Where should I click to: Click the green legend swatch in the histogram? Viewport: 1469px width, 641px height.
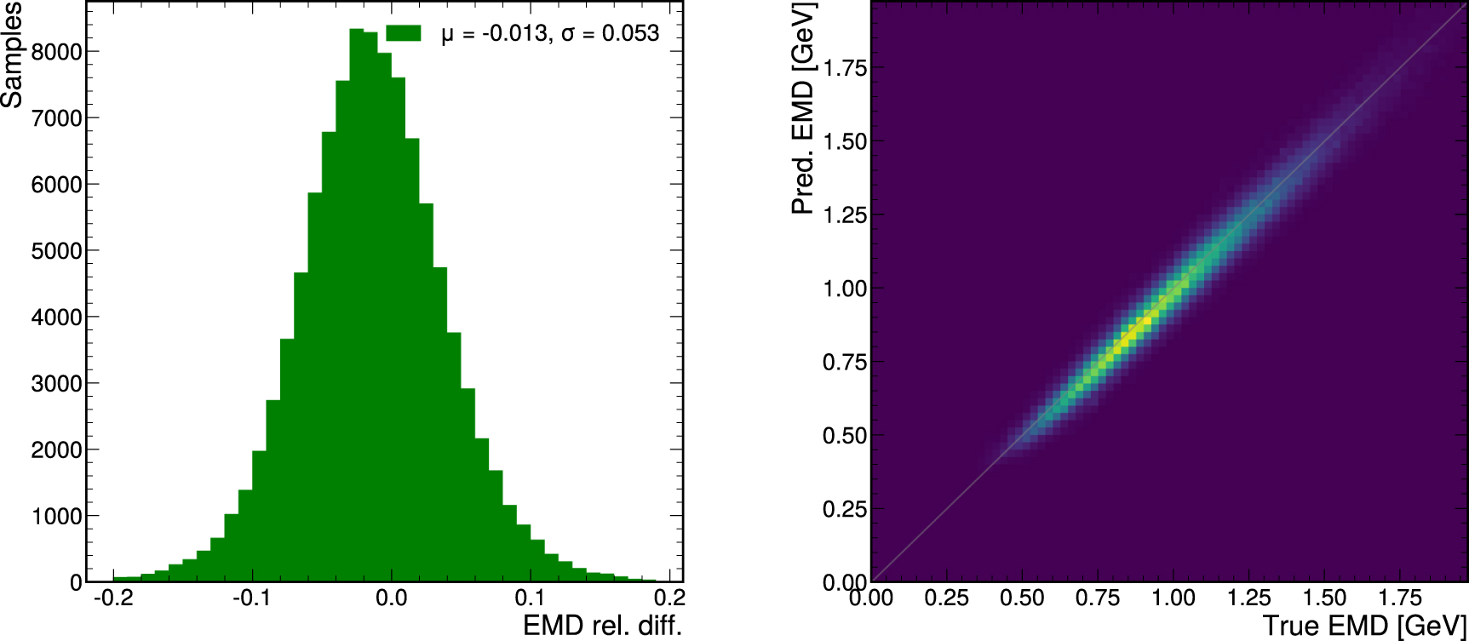[404, 33]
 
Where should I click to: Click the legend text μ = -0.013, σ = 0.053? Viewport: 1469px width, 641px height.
[550, 33]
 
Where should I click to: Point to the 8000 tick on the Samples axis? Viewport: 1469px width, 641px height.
[57, 52]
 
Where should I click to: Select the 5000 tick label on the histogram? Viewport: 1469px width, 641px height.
[57, 251]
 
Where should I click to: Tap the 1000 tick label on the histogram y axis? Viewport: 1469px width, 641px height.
[57, 517]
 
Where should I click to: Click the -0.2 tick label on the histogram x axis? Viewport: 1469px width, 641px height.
[113, 598]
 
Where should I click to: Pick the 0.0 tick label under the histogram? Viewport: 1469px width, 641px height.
[391, 598]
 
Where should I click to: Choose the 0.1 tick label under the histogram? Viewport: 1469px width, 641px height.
[530, 598]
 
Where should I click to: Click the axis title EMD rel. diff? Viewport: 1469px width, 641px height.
[602, 627]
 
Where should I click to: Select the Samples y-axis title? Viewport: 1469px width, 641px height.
[12, 55]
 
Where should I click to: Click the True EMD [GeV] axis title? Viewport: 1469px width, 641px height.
[1364, 627]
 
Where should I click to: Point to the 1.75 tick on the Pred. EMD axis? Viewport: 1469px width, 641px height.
[845, 68]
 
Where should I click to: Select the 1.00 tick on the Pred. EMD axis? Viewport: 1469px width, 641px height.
[845, 289]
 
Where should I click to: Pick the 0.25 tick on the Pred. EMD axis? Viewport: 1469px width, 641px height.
[845, 509]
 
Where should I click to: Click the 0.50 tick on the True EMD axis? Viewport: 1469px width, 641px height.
[1022, 598]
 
